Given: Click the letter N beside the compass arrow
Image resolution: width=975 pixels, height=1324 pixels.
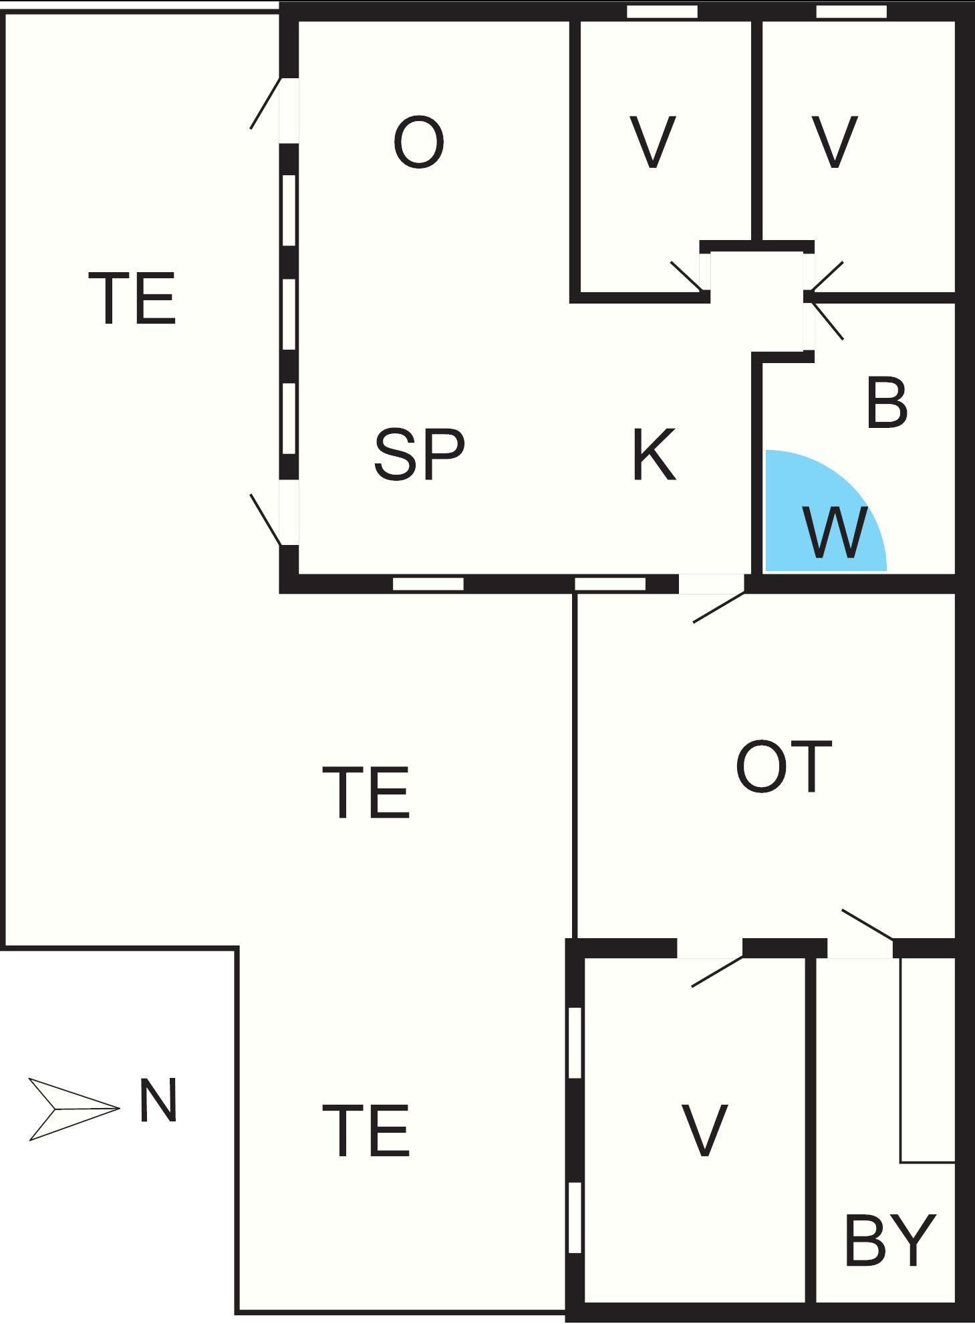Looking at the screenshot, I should click(158, 1100).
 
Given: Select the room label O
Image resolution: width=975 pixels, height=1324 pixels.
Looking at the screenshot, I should click(418, 143).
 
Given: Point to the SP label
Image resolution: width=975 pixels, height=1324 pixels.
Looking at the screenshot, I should click(419, 455).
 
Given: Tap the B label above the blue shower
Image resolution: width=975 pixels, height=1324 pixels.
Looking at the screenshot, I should click(886, 404).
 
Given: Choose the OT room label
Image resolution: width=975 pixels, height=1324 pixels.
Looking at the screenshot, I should click(783, 766).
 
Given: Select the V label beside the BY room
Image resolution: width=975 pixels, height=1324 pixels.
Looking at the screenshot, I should click(704, 1131).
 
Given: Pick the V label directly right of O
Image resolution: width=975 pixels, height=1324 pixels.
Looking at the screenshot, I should click(653, 142).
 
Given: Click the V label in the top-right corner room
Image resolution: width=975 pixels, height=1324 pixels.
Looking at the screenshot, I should click(835, 142).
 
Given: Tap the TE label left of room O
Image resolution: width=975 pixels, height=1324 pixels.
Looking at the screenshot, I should click(132, 298).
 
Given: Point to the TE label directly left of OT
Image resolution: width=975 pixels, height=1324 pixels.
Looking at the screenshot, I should click(366, 793).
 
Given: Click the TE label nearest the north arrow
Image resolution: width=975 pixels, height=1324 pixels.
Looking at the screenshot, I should click(366, 1131).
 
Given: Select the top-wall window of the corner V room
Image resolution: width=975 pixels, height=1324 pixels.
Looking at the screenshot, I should click(851, 12).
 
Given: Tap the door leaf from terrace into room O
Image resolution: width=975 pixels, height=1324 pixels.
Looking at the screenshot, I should click(265, 104).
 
